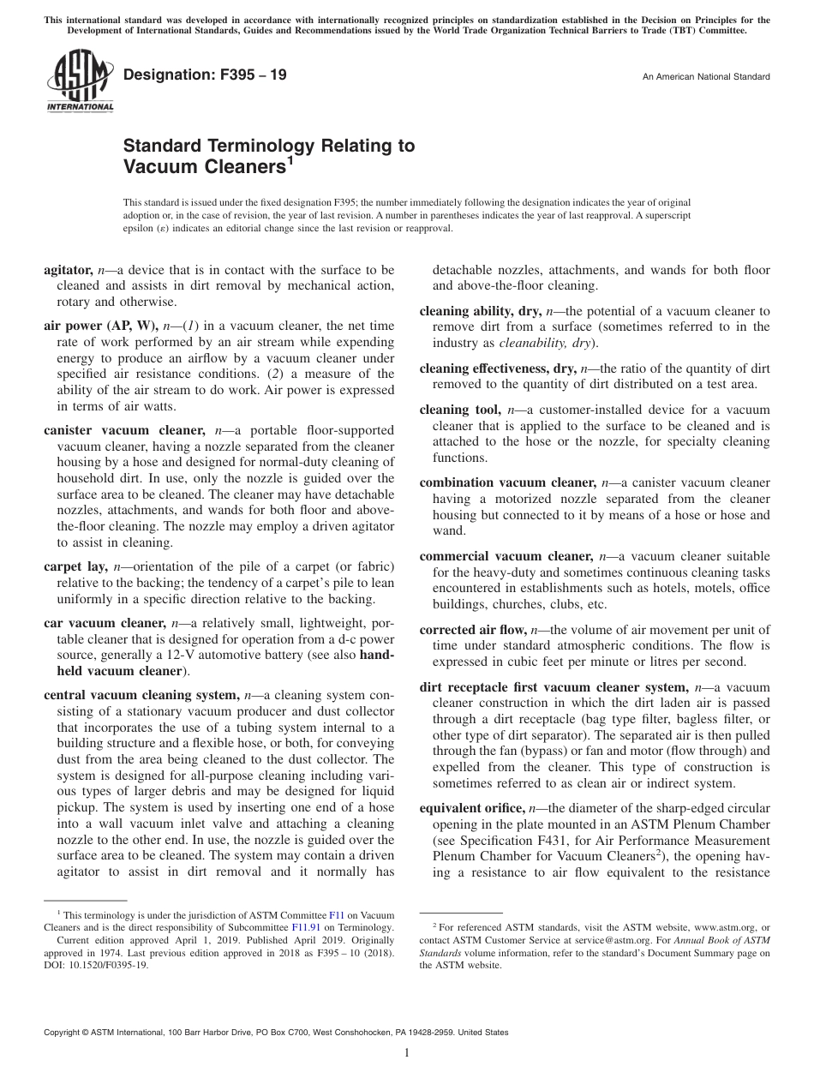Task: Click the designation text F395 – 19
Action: [x=205, y=75]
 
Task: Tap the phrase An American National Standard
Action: [x=706, y=77]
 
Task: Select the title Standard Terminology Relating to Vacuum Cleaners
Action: [x=268, y=155]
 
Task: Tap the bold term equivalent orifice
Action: [x=471, y=807]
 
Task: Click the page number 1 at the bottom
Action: [x=407, y=1053]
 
